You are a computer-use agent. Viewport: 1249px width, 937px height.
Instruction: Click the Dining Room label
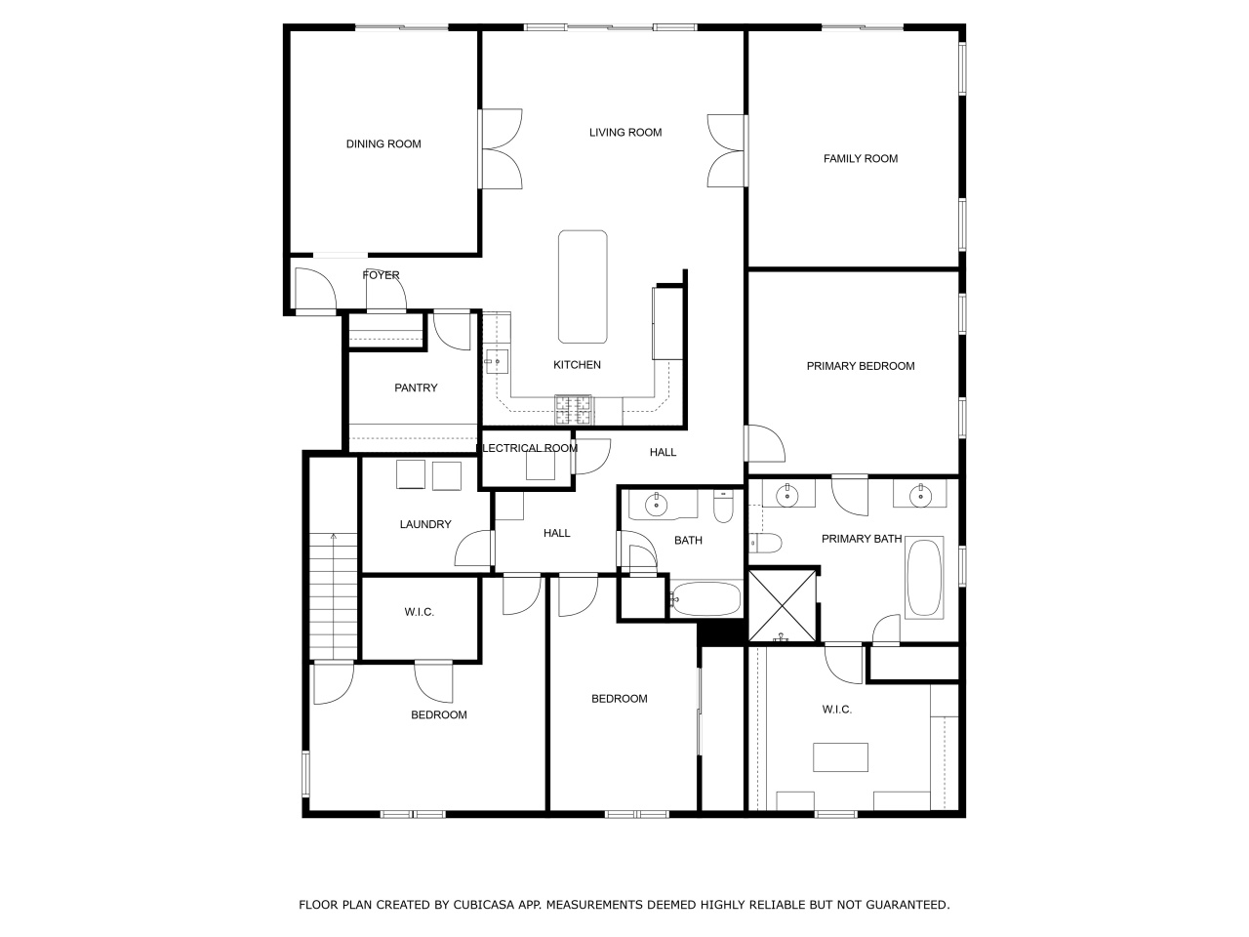pyautogui.click(x=383, y=143)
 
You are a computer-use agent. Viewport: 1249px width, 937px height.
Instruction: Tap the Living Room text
pyautogui.click(x=625, y=133)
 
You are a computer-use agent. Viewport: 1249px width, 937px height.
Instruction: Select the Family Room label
pyautogui.click(x=861, y=159)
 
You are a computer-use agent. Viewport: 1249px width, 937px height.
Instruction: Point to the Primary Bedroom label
pyautogui.click(x=861, y=366)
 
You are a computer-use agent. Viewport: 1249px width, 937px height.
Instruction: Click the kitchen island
pyautogui.click(x=583, y=287)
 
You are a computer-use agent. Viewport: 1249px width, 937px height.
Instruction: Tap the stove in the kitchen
pyautogui.click(x=574, y=410)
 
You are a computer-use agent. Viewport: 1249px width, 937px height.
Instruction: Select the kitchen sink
pyautogui.click(x=497, y=361)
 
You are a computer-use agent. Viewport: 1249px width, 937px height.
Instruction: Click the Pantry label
pyautogui.click(x=416, y=388)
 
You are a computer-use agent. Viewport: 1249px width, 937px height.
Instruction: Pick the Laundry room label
pyautogui.click(x=425, y=524)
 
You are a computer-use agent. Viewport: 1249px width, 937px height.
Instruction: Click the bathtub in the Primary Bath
pyautogui.click(x=925, y=578)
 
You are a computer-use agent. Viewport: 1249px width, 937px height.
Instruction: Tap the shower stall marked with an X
pyautogui.click(x=783, y=606)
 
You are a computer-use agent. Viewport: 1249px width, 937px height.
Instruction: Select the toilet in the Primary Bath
pyautogui.click(x=765, y=544)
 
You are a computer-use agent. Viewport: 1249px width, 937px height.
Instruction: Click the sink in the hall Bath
pyautogui.click(x=656, y=504)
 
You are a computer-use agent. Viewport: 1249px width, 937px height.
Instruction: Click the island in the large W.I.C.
pyautogui.click(x=840, y=757)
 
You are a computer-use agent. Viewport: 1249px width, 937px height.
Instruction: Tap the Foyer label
pyautogui.click(x=382, y=275)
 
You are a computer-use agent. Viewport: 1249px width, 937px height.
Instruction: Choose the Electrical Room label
pyautogui.click(x=530, y=448)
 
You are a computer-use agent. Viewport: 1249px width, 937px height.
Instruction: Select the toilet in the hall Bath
pyautogui.click(x=724, y=507)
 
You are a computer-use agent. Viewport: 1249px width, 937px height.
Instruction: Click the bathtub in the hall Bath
pyautogui.click(x=706, y=598)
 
